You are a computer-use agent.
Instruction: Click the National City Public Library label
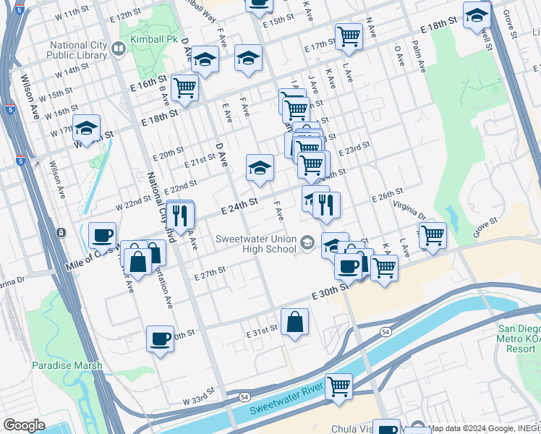[78, 50]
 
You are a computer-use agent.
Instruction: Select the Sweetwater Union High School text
[256, 244]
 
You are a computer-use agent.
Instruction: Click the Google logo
[24, 425]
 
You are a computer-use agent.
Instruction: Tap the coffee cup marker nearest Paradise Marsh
[160, 338]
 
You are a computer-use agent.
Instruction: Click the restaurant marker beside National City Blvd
[180, 214]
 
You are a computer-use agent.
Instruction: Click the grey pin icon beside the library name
[119, 50]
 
